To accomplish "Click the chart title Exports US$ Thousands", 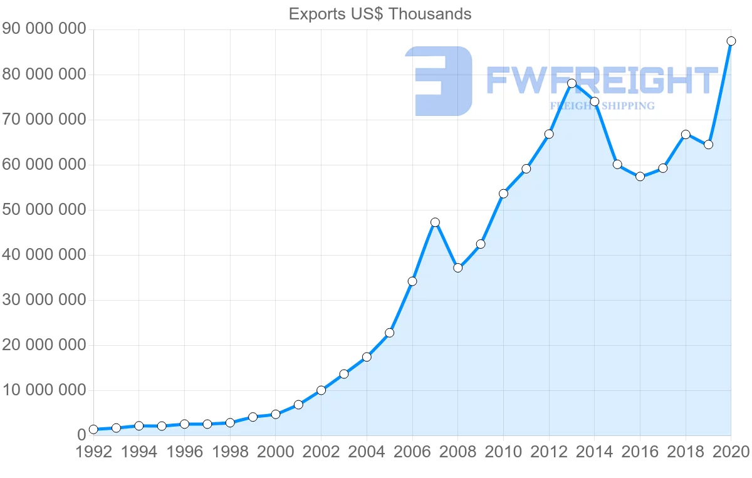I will (x=380, y=14).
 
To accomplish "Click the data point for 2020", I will (x=731, y=41).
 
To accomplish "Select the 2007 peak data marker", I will (x=435, y=222).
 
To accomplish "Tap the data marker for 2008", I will (x=457, y=268).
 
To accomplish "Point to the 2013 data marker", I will (x=572, y=83).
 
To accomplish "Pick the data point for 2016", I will (x=640, y=177).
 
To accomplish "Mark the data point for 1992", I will (x=93, y=429).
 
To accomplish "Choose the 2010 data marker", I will (x=503, y=194).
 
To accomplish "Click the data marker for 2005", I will (x=389, y=333).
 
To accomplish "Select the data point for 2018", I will (x=686, y=134).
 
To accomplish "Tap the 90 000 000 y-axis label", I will (x=43, y=29).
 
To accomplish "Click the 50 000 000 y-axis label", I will (x=43, y=210).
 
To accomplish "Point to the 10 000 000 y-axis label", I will (x=43, y=390).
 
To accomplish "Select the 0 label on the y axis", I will (x=81, y=435).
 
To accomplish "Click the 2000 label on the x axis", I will (x=276, y=452).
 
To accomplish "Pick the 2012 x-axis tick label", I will (x=549, y=452).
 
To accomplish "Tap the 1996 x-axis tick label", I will (x=184, y=452).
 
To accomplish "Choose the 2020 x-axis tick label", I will (x=730, y=452).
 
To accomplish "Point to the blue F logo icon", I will (x=439, y=81).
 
